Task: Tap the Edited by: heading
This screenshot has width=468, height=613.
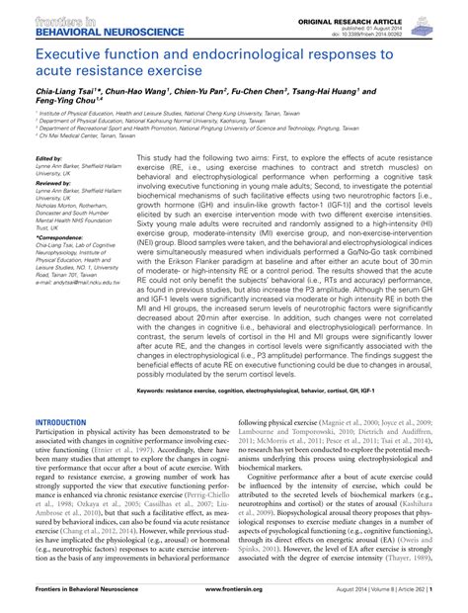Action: pos(48,158)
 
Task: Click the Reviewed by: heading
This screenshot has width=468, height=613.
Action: pos(52,183)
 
